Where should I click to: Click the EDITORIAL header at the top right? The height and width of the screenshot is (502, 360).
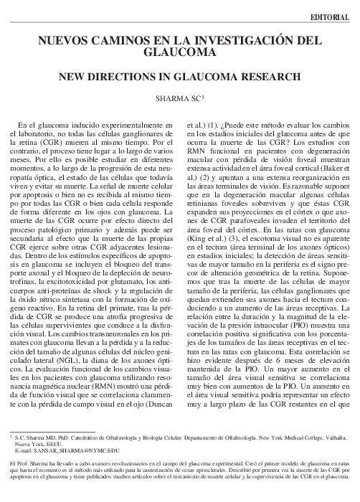tap(331, 16)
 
